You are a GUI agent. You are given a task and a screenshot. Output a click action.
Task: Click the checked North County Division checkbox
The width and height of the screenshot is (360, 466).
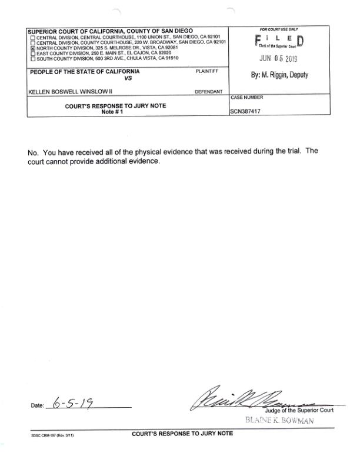(x=32, y=48)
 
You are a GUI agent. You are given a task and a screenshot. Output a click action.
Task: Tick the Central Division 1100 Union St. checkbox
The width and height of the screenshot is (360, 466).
(x=32, y=38)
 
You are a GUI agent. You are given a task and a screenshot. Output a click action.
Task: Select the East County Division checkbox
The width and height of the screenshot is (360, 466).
(x=32, y=54)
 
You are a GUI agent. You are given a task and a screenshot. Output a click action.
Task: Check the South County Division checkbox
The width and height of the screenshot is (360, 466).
(x=32, y=59)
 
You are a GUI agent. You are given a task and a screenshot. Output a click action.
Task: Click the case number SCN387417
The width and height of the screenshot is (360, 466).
(x=246, y=110)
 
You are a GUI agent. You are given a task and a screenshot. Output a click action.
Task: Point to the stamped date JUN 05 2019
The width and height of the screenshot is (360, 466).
(x=278, y=59)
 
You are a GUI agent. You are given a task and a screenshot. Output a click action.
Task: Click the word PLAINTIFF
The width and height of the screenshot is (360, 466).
(x=206, y=71)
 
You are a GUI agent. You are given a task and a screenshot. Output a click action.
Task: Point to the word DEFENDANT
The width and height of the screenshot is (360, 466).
(x=208, y=92)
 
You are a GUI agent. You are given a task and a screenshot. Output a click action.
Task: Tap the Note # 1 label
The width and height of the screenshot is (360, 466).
(x=114, y=112)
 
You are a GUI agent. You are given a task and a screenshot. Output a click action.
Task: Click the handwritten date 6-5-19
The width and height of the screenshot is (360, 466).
(x=74, y=404)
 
